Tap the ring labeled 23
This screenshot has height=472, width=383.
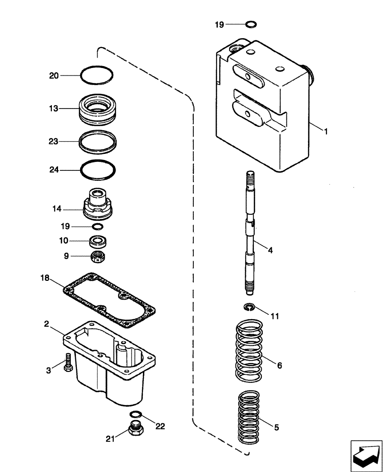(x=98, y=140)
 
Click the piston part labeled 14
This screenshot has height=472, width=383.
(x=98, y=205)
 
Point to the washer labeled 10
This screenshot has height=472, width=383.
(x=98, y=241)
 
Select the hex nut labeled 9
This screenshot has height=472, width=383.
(x=98, y=256)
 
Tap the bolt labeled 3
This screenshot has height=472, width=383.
(x=68, y=362)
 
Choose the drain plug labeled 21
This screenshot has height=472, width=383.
(x=136, y=430)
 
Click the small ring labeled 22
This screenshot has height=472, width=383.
(x=136, y=415)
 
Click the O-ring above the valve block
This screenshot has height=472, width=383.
(x=251, y=24)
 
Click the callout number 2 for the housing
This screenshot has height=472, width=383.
(x=47, y=323)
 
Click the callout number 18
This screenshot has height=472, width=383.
(x=44, y=279)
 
